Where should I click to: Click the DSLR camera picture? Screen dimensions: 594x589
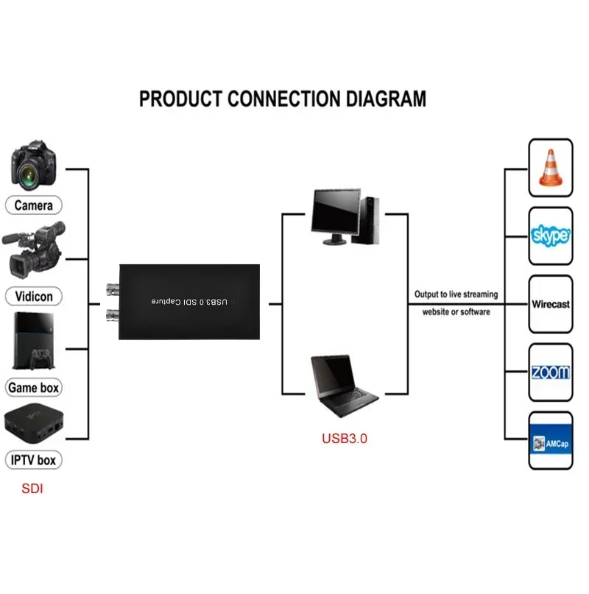click(34, 165)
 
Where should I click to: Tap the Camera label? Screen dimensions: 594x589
click(33, 205)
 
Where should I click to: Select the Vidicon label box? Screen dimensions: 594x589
click(33, 296)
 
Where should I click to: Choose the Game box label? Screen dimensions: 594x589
click(33, 387)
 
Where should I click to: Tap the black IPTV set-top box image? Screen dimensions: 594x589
click(32, 425)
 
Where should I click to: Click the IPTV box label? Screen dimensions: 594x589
click(33, 461)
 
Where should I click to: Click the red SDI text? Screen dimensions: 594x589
click(32, 488)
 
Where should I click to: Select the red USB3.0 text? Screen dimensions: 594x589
click(344, 438)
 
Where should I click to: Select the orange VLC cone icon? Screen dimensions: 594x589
click(551, 168)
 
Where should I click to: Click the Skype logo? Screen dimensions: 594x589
click(551, 236)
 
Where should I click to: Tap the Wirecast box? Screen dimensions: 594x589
click(551, 304)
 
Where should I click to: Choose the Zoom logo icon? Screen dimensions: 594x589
click(551, 372)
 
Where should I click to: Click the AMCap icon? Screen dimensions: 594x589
click(551, 442)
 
